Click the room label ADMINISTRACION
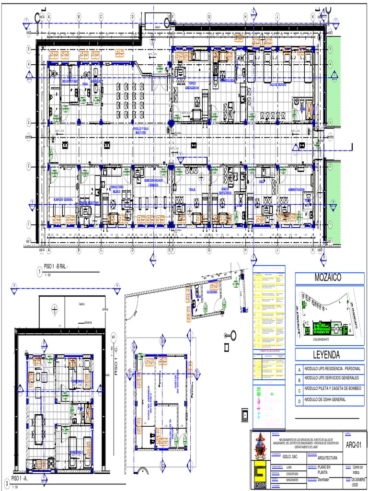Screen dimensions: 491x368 tap(296, 190)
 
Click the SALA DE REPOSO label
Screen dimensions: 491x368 tap(277, 84)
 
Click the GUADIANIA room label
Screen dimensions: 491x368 tap(212, 292)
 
